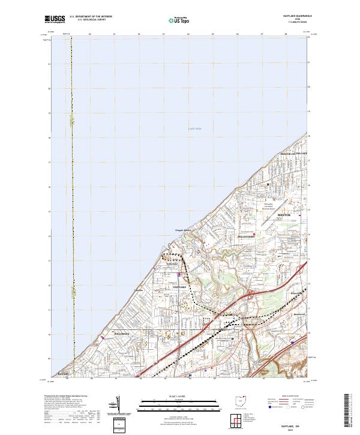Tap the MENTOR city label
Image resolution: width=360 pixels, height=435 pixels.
pos(284,214)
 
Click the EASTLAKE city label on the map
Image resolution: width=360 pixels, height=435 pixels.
pos(181,287)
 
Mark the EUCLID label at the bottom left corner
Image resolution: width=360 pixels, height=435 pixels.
pos(63,374)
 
